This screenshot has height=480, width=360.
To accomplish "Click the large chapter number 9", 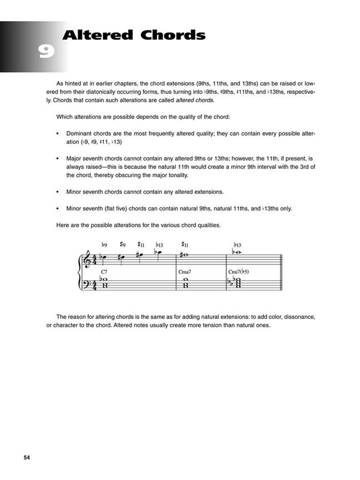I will tap(46, 53).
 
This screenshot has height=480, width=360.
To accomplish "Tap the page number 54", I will tap(27, 457).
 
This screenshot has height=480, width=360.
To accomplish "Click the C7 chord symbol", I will tap(104, 272).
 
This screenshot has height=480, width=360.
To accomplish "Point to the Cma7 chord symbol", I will tap(185, 272).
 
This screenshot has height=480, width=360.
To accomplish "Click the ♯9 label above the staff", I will tap(122, 244).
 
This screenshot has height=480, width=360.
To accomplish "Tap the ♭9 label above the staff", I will tap(104, 244).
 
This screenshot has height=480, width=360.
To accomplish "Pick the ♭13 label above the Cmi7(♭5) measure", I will tap(237, 244).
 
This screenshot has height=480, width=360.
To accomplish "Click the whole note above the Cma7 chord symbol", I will tap(184, 256).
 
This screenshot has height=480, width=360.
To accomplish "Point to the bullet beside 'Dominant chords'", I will tap(57, 134).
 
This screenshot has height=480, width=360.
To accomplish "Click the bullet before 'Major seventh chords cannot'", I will tap(57, 158).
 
